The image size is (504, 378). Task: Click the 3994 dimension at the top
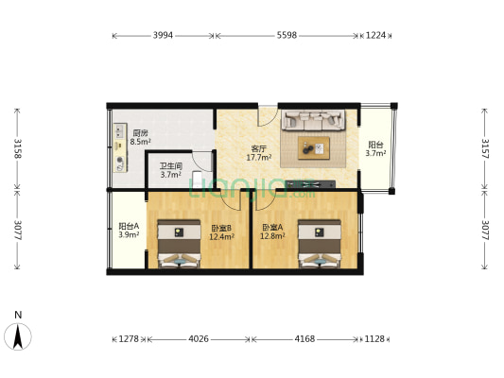[x=164, y=35]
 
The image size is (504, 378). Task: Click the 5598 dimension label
[x=287, y=35]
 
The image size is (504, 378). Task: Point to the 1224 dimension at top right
[x=375, y=35]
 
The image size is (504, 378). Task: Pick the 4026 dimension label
[x=199, y=339]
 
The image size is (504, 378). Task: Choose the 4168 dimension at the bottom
[x=304, y=339]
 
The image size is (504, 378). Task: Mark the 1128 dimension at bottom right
[x=375, y=339]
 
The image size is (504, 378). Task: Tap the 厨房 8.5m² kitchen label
[x=140, y=138]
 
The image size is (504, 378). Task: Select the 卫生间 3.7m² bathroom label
[x=170, y=170]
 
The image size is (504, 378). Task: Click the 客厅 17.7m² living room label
[x=258, y=153]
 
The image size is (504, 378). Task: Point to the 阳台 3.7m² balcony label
[x=375, y=148]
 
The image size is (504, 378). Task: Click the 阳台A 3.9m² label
[x=129, y=230]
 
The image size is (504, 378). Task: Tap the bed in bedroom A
[x=317, y=244]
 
